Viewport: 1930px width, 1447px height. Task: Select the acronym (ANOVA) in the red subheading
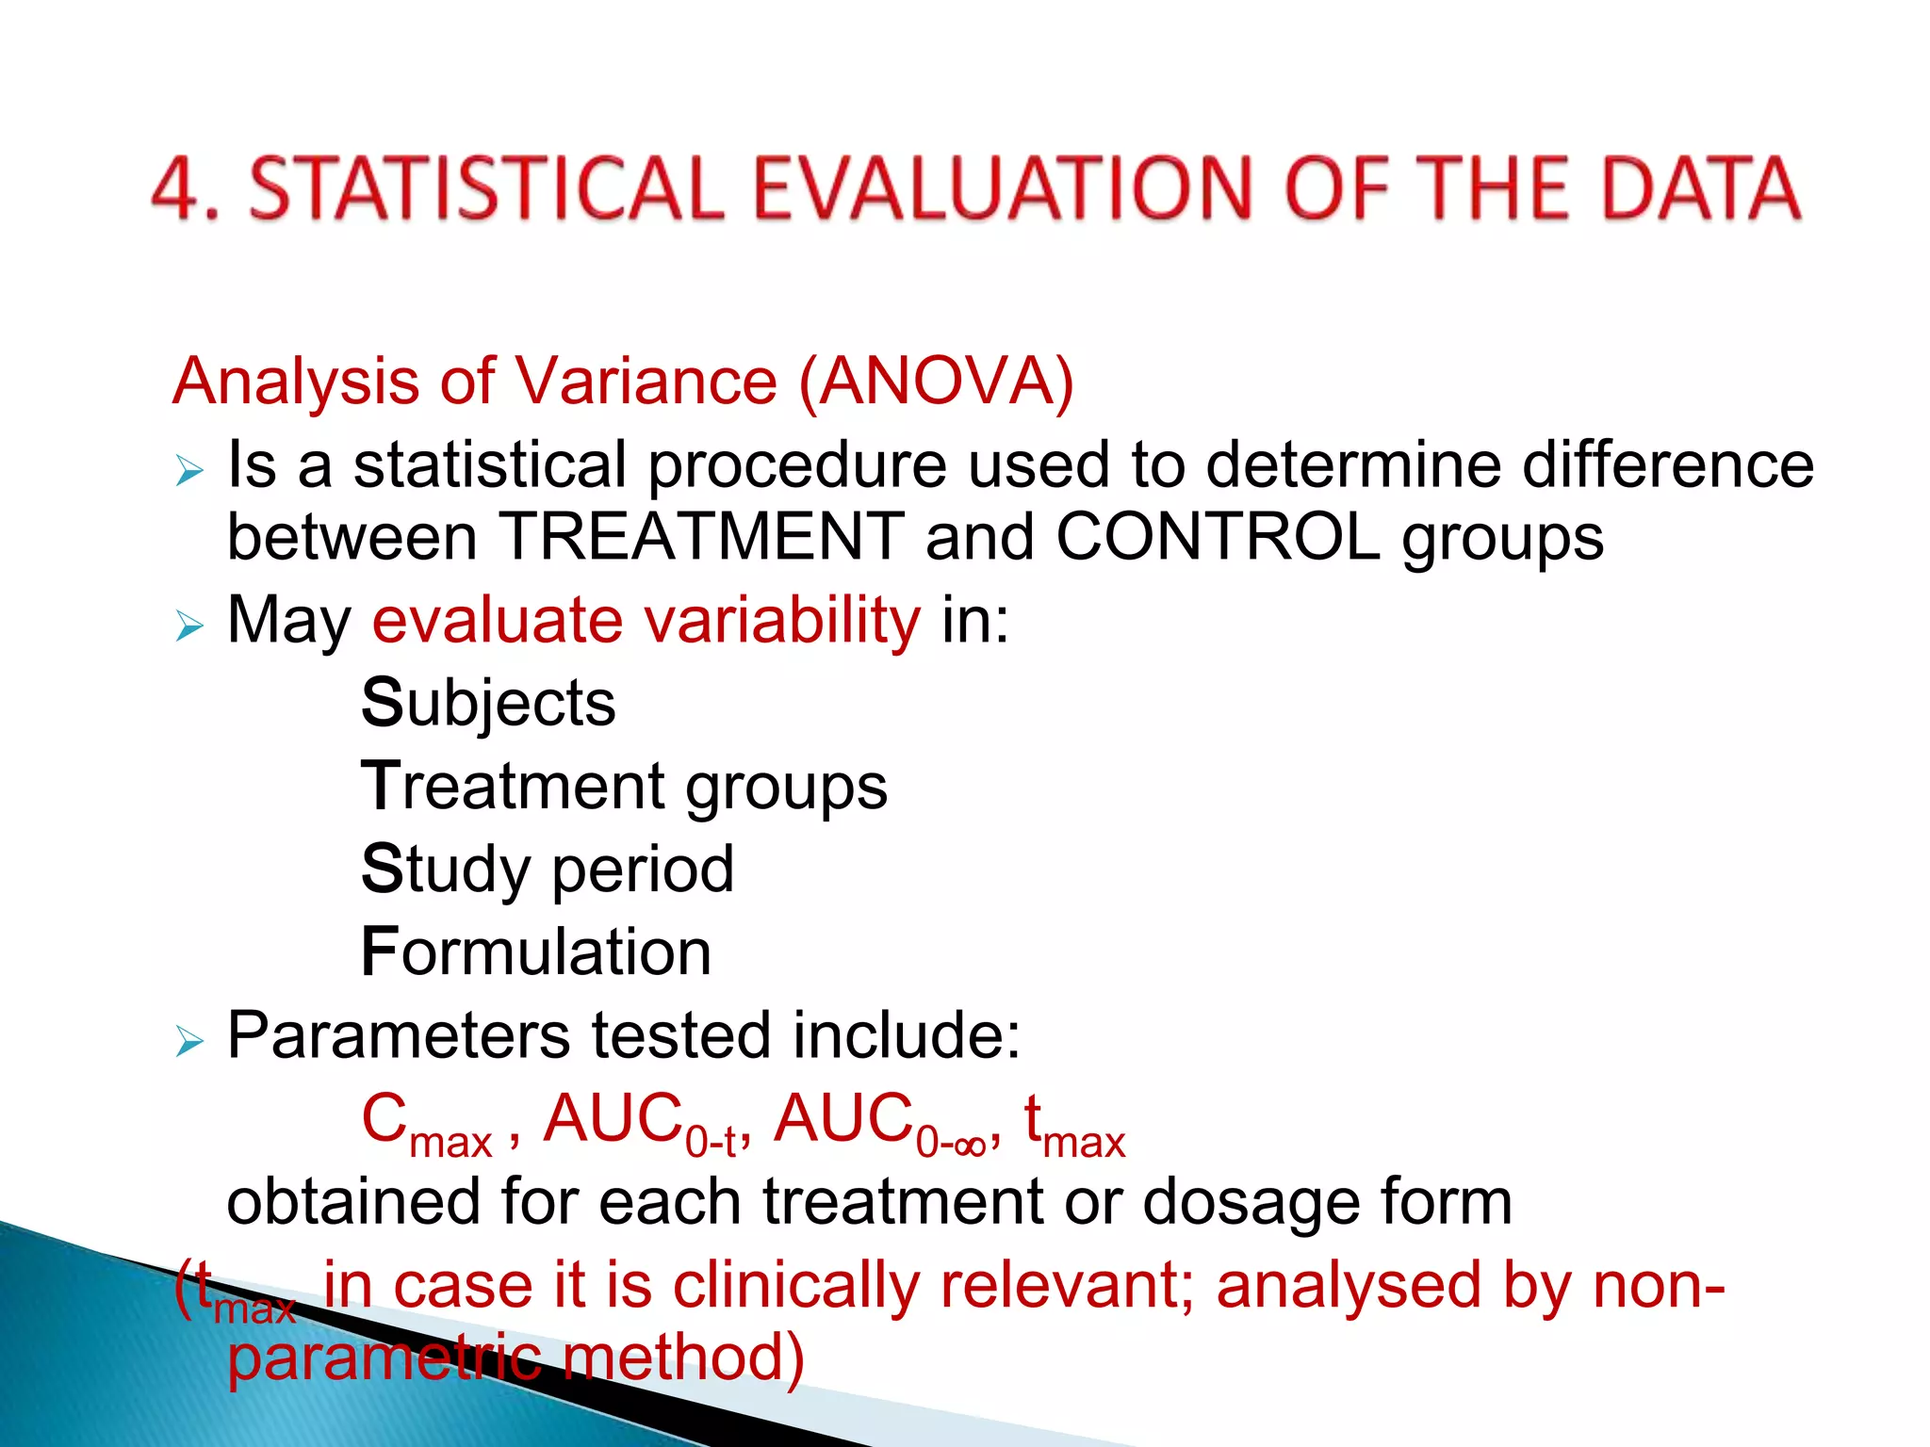[936, 382]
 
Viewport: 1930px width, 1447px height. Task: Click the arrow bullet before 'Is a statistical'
[189, 470]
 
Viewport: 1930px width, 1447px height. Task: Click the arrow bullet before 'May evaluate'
[189, 626]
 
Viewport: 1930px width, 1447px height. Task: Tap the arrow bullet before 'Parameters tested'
[189, 1042]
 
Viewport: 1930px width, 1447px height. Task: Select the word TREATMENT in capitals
[700, 537]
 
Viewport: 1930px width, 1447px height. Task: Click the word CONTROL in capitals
[1217, 537]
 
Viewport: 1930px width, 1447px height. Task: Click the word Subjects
[488, 704]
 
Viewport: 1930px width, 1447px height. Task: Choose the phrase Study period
[547, 870]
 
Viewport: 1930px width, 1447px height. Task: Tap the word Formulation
[535, 952]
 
